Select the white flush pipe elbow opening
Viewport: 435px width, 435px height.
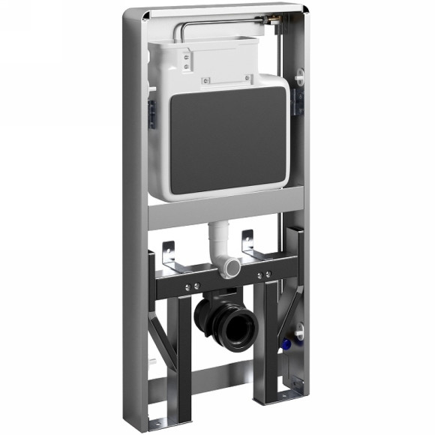click(x=232, y=265)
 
